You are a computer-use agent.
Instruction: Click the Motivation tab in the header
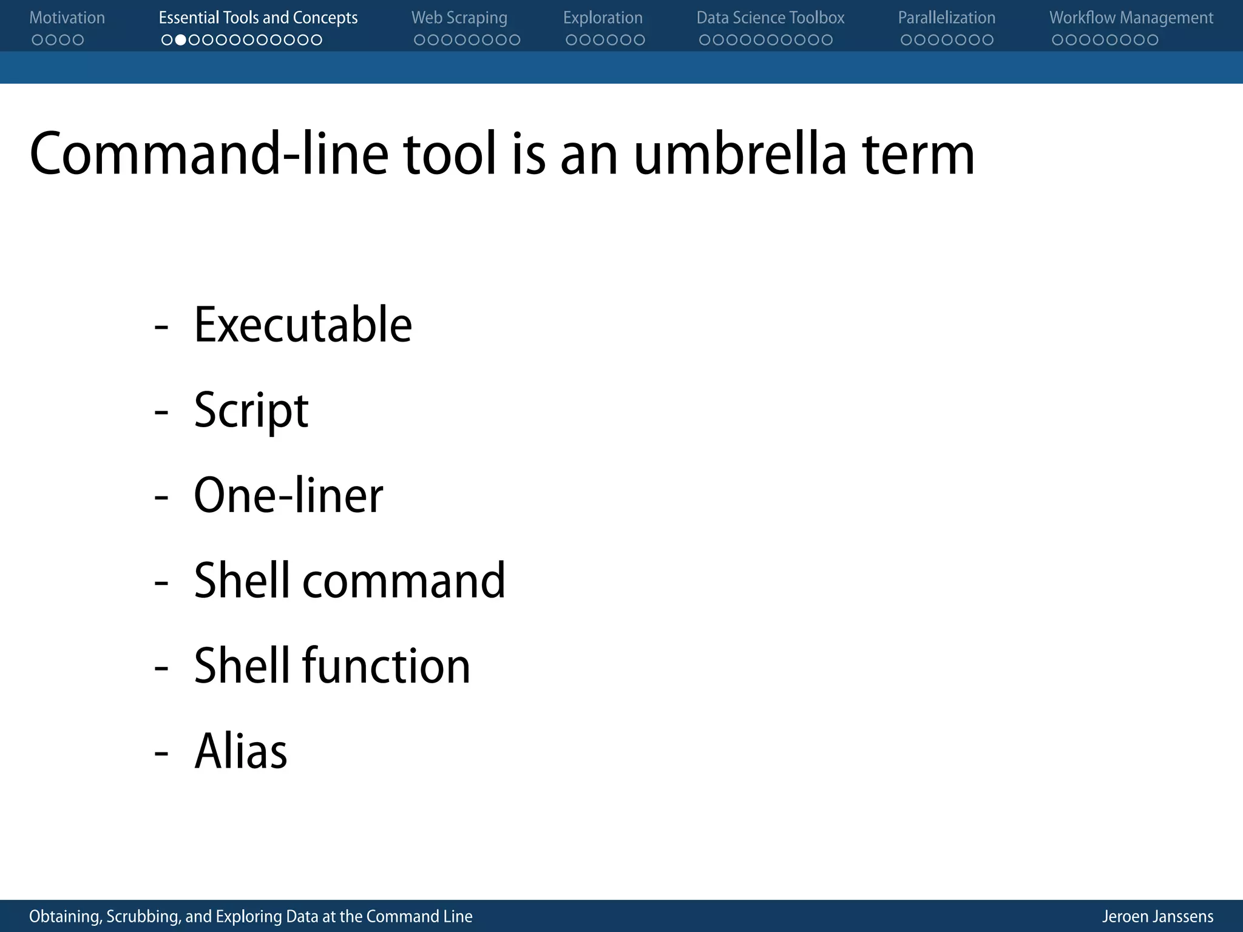coord(67,18)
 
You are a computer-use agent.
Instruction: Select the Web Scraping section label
coord(459,18)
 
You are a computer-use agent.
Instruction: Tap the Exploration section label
coord(603,18)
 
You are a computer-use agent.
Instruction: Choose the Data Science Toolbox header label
coord(770,18)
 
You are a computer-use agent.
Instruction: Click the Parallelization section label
coord(946,18)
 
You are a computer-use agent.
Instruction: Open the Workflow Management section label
coord(1131,18)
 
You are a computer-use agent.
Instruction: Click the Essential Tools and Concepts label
coord(258,18)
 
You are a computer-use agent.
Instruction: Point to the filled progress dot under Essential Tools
coord(180,40)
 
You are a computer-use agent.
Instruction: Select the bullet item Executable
coord(302,325)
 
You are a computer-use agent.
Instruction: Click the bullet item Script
coord(251,411)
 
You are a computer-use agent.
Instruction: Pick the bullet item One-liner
coord(288,496)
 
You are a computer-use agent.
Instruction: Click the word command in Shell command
coord(404,581)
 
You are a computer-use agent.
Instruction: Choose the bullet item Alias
coord(240,751)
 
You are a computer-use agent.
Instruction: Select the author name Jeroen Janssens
coord(1157,916)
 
